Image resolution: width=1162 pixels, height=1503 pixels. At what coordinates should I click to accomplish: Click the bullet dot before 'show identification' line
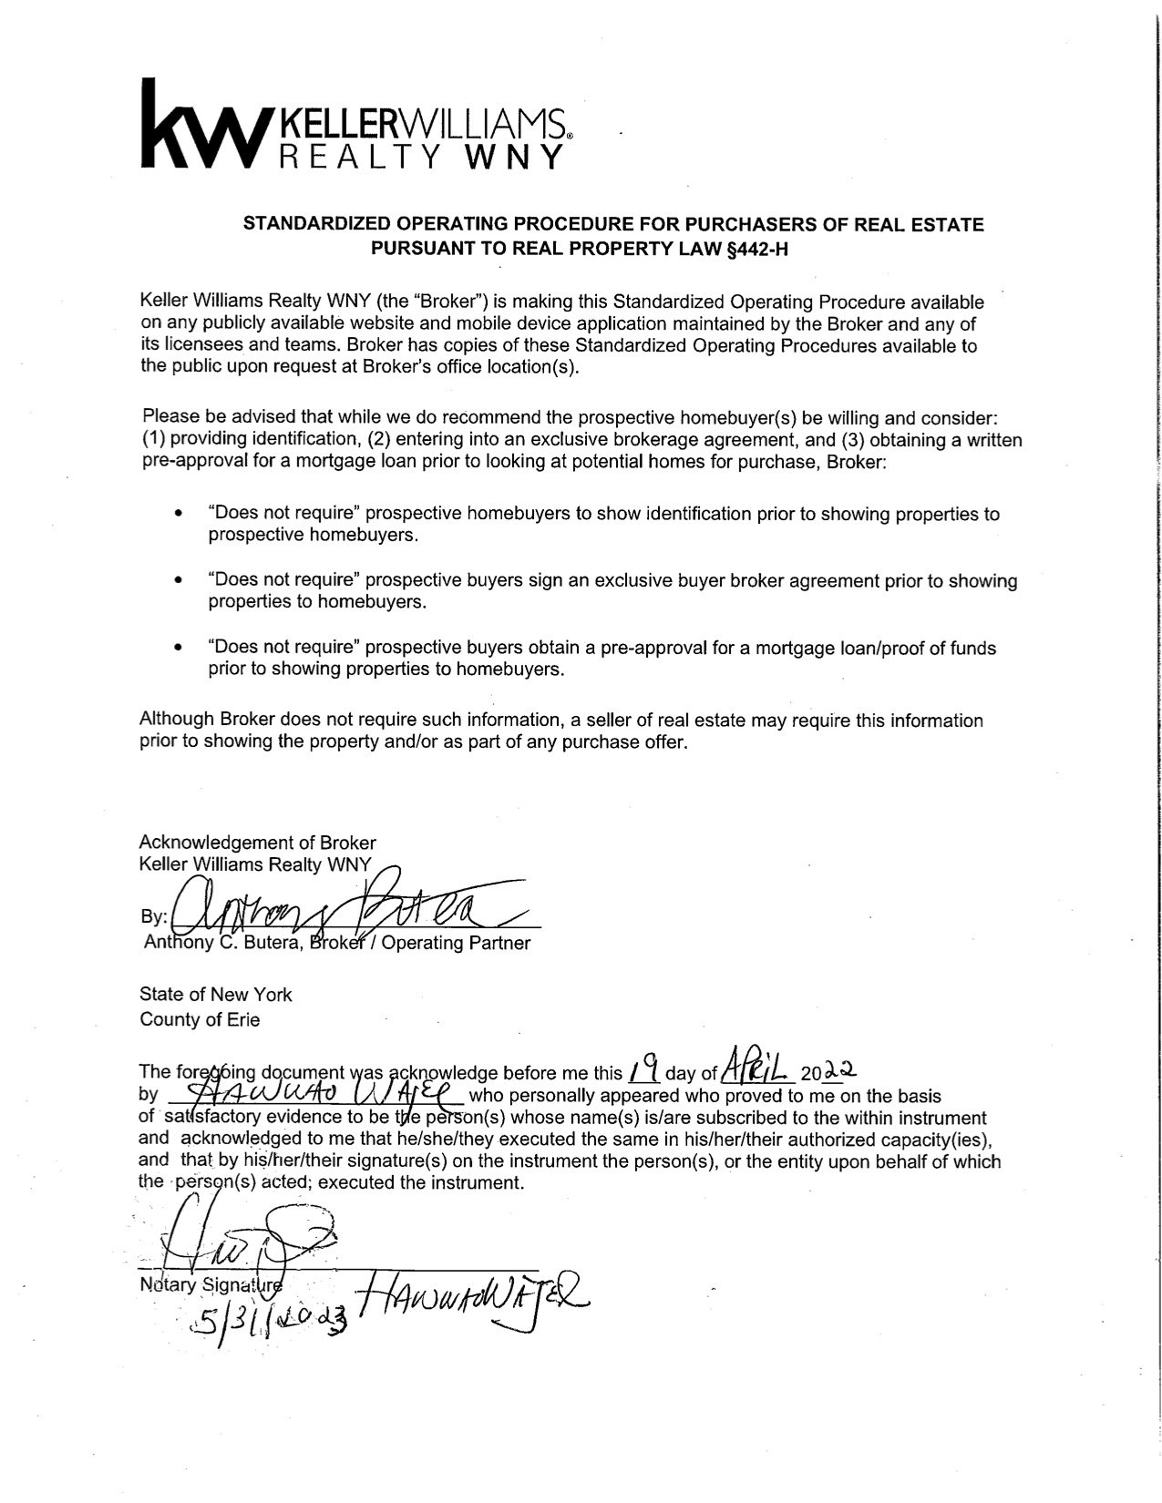(179, 514)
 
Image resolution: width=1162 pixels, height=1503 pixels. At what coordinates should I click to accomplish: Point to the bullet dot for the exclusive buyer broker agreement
(179, 581)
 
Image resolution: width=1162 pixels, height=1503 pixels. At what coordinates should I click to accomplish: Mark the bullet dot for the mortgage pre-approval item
(179, 649)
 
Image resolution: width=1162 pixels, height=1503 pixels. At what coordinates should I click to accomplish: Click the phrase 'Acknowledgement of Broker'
(257, 843)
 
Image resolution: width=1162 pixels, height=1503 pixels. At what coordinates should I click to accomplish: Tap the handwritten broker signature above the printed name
(346, 906)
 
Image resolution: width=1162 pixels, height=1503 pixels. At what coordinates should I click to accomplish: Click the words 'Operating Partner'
(456, 944)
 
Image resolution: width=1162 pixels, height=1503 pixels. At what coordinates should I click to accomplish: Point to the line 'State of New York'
(216, 994)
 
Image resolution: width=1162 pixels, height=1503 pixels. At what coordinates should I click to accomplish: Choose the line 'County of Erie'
(200, 1020)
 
